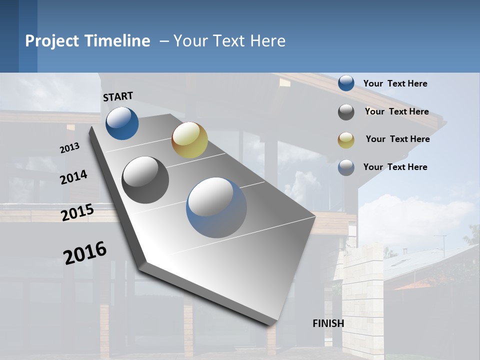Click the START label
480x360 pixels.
118,96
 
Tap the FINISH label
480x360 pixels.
328,323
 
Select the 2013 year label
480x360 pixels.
69,148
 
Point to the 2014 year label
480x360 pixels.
73,177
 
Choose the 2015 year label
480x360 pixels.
77,212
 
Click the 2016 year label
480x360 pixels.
85,252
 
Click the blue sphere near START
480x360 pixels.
122,123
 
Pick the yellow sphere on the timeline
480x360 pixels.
189,140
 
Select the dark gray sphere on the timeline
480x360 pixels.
145,180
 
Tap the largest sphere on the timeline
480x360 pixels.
216,207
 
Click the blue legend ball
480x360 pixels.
346,83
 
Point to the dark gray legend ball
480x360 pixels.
346,112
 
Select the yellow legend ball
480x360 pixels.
346,140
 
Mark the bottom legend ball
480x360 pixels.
346,167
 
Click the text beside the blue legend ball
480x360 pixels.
395,83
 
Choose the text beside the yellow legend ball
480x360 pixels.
397,139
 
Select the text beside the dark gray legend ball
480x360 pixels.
396,111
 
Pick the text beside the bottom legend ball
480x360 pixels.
395,167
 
